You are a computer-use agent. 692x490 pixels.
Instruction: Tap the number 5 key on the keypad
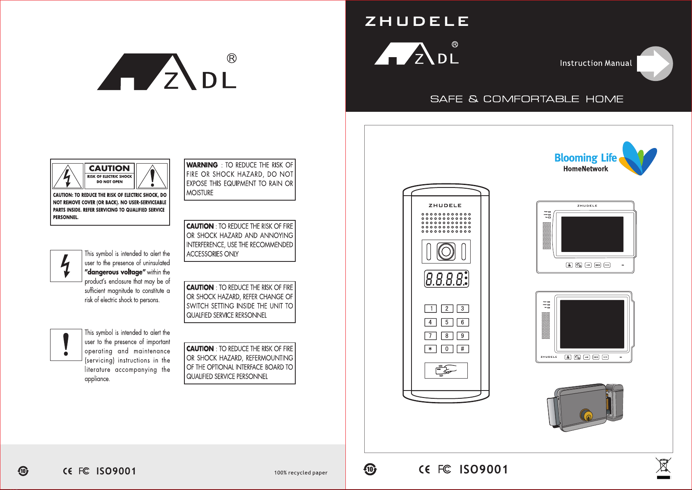pyautogui.click(x=447, y=322)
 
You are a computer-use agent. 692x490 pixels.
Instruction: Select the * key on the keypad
pyautogui.click(x=430, y=349)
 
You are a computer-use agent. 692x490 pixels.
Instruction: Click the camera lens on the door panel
pyautogui.click(x=446, y=252)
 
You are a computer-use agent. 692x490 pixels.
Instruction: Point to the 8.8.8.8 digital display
pyautogui.click(x=446, y=279)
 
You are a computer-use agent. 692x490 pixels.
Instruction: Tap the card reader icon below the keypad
pyautogui.click(x=446, y=370)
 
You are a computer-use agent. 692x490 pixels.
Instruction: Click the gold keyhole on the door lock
pyautogui.click(x=586, y=416)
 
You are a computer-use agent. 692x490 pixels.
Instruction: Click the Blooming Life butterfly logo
pyautogui.click(x=638, y=158)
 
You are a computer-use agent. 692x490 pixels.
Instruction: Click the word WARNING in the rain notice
pyautogui.click(x=202, y=165)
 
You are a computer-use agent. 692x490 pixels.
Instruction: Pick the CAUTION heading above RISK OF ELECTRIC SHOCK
pyautogui.click(x=109, y=169)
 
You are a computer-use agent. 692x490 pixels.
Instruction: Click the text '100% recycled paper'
pyautogui.click(x=301, y=473)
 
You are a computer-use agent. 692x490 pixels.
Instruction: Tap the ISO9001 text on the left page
pyautogui.click(x=116, y=471)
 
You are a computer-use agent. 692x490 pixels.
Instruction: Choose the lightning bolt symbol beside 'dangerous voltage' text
pyautogui.click(x=66, y=266)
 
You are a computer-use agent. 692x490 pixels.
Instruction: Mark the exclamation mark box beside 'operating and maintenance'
pyautogui.click(x=66, y=345)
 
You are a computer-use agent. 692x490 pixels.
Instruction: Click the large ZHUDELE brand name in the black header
pyautogui.click(x=416, y=21)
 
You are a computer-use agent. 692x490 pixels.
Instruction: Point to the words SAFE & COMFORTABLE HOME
pyautogui.click(x=526, y=99)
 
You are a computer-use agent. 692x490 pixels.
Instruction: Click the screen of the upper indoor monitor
pyautogui.click(x=592, y=234)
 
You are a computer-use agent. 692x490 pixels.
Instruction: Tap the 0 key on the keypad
pyautogui.click(x=447, y=349)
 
